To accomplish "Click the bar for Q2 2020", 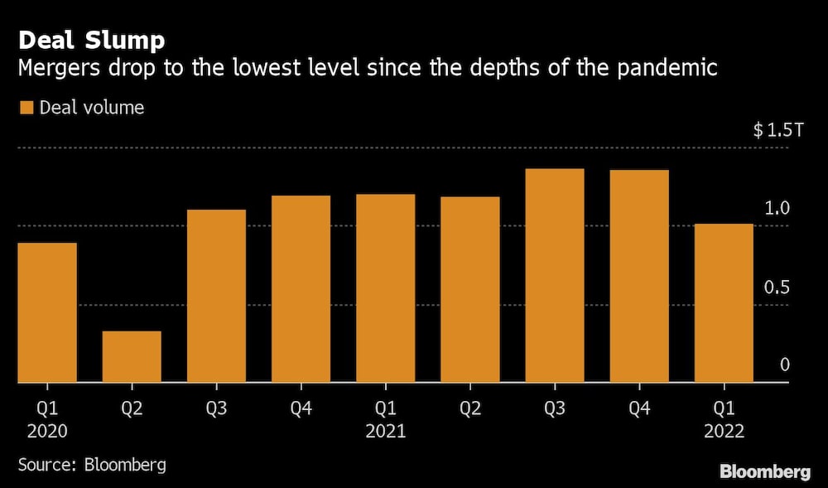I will pos(132,357).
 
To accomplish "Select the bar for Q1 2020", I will pos(47,312).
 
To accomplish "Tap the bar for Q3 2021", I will pos(555,275).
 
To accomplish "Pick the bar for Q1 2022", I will pos(724,303).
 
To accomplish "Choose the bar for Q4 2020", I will pos(301,289).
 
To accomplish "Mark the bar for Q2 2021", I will pos(470,289).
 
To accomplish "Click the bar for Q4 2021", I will pos(639,276).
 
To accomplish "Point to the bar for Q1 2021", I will pos(386,288).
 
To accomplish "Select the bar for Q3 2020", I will pos(216,296).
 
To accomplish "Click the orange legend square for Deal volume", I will pos(26,108).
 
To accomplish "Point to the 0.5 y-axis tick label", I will pos(777,287).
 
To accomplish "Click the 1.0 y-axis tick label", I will pos(777,209).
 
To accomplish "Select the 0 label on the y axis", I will pos(784,365).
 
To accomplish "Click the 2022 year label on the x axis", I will pos(724,432).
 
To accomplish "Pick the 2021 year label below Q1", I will pos(386,432).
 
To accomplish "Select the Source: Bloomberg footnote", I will pos(92,464).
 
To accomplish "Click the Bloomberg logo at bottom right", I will pos(764,471).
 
